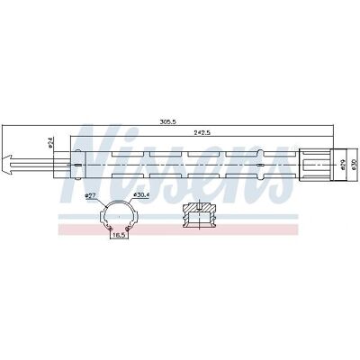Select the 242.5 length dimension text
pos(201,132)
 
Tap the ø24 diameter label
pos(51,142)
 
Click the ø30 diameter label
pos(354,165)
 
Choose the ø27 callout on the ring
pos(90,195)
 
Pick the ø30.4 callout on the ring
pos(139,195)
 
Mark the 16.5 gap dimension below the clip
pos(120,236)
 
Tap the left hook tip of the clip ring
pos(111,229)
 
